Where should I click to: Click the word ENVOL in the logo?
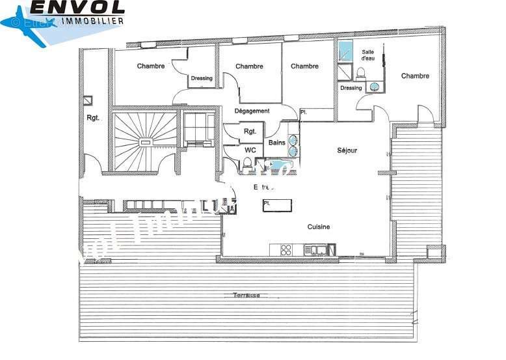tap(77, 8)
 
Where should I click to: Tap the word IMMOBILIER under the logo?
tap(93, 21)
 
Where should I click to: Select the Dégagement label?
tap(252, 111)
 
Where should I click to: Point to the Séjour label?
tap(347, 150)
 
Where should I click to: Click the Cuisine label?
tap(319, 227)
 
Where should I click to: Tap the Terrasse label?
tap(246, 296)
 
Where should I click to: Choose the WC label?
tap(250, 150)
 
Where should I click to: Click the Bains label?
tap(277, 143)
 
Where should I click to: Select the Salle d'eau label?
tap(368, 55)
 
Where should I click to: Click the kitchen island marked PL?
tap(277, 205)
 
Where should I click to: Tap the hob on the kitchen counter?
tap(285, 249)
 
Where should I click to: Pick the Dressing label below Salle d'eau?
tap(351, 88)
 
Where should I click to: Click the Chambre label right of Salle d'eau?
tap(415, 76)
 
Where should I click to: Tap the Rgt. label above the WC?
tap(250, 132)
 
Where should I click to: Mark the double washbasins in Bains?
tap(293, 145)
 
